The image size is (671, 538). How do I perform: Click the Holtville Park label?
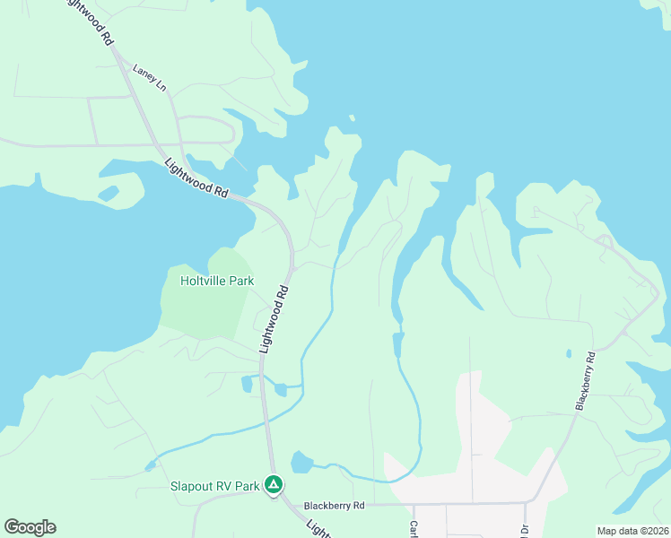tap(217, 281)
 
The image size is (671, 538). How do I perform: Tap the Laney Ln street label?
tap(150, 77)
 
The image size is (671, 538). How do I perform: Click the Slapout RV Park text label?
tap(215, 487)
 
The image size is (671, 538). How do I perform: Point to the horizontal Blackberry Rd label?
tap(334, 506)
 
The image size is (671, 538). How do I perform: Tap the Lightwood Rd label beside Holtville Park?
tap(274, 319)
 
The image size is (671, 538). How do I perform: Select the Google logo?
tap(30, 527)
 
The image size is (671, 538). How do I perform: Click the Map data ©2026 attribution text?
tap(632, 531)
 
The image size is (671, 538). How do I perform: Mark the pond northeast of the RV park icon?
tap(302, 463)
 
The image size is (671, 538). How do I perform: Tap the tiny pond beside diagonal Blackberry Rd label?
tap(568, 353)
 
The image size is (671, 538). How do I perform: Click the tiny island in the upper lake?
tap(352, 117)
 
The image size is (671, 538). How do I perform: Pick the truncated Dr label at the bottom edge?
tap(525, 530)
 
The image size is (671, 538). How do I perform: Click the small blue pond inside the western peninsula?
tap(108, 192)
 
